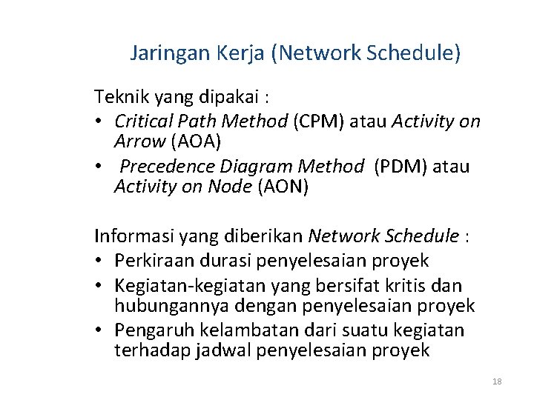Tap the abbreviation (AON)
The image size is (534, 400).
[x=283, y=187]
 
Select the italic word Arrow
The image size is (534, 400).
[x=137, y=141]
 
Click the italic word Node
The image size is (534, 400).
[x=231, y=187]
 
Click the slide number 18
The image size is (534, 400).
[x=497, y=381]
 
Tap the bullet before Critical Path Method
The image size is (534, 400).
[x=99, y=121]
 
